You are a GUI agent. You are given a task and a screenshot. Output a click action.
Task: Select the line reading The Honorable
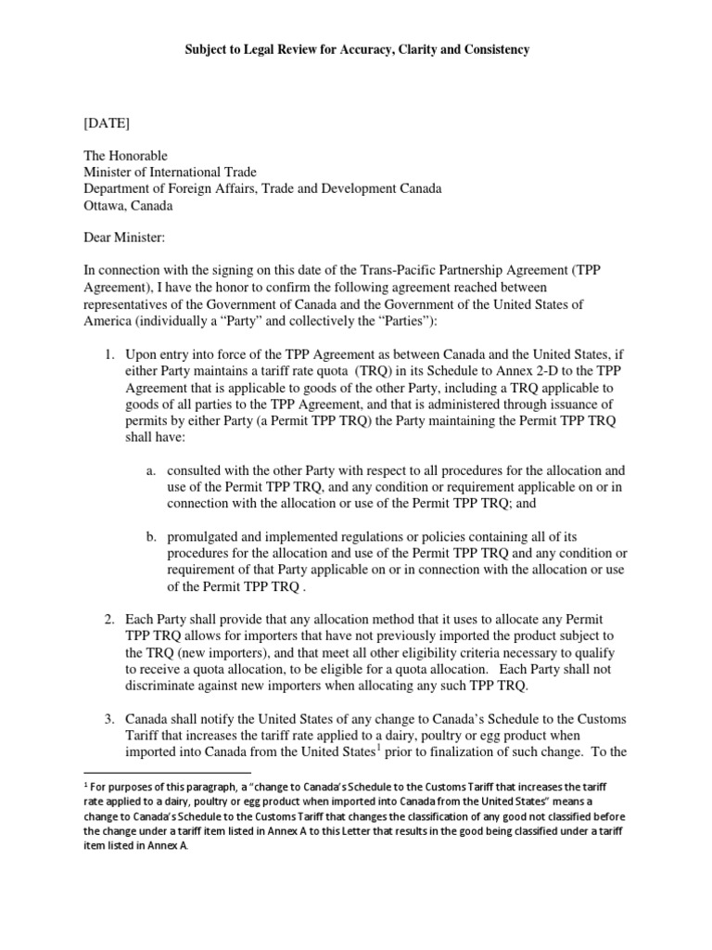click(126, 155)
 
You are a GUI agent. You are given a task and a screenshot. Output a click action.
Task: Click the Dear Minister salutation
click(123, 238)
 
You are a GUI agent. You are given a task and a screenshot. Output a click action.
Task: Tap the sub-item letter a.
click(150, 471)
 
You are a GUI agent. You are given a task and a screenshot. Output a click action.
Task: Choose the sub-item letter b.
click(150, 538)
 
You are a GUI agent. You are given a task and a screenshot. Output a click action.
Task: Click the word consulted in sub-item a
click(197, 471)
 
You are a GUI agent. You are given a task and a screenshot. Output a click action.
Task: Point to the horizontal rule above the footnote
click(167, 772)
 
